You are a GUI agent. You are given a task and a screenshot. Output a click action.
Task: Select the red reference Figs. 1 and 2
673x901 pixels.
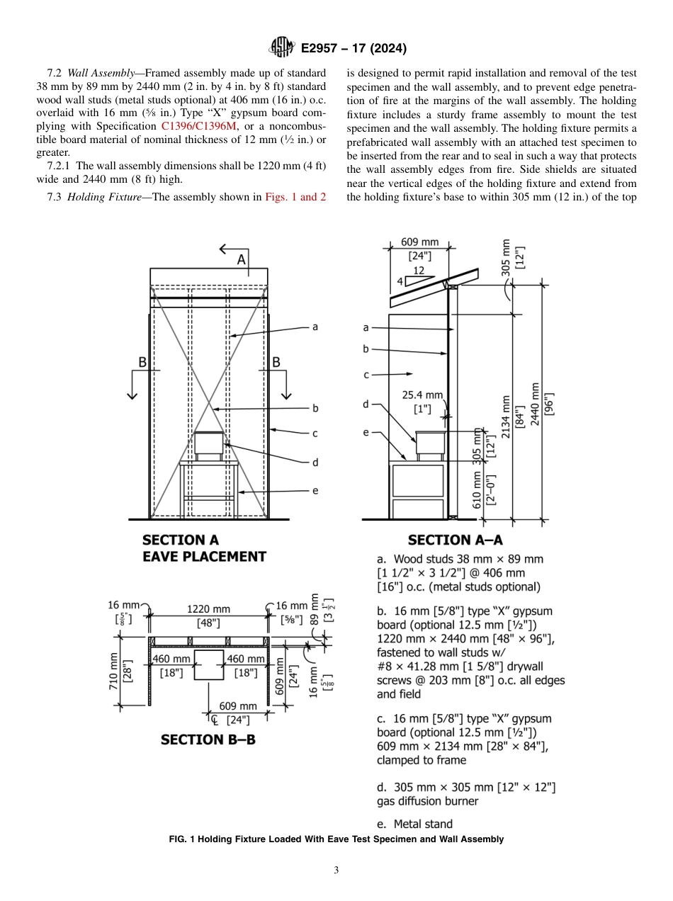(295, 197)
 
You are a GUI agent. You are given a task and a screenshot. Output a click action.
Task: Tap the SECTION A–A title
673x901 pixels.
(456, 540)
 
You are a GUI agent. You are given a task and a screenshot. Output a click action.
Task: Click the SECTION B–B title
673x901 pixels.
(208, 739)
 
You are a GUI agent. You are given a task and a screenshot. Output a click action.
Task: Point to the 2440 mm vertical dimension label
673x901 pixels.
(536, 404)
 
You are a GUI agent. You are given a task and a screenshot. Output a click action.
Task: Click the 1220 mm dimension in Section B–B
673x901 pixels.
(208, 608)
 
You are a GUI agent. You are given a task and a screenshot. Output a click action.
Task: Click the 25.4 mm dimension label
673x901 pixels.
(423, 395)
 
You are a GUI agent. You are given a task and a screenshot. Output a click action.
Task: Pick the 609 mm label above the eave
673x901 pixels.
(419, 242)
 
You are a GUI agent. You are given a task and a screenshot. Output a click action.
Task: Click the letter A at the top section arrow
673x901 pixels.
(241, 260)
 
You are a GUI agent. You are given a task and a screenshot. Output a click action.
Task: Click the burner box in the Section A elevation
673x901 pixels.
(209, 444)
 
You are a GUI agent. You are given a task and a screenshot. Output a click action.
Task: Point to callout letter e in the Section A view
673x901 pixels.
(315, 490)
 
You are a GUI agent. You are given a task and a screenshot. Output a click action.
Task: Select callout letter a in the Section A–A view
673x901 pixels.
(366, 327)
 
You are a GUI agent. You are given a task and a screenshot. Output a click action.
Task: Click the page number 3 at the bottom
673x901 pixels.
(336, 871)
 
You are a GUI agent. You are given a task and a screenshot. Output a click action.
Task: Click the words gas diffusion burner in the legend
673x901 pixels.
(427, 801)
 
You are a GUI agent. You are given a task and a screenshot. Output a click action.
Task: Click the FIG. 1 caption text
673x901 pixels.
(336, 839)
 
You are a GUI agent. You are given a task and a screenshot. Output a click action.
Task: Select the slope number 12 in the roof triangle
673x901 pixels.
(419, 270)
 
